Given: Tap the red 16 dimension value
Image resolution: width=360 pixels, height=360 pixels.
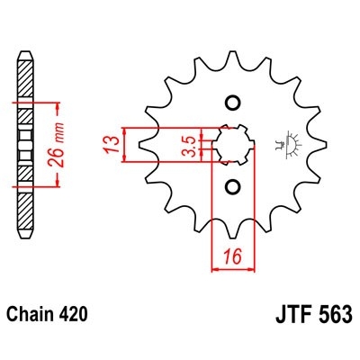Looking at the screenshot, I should (x=231, y=257).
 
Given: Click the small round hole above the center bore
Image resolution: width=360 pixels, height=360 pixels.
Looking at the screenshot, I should (x=231, y=100).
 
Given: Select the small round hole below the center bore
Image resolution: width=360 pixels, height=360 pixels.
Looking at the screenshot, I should (x=231, y=187).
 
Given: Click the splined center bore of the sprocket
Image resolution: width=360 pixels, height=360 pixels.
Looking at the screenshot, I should (x=231, y=144).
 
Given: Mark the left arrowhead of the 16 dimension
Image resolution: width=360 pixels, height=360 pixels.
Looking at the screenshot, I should (x=214, y=266).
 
